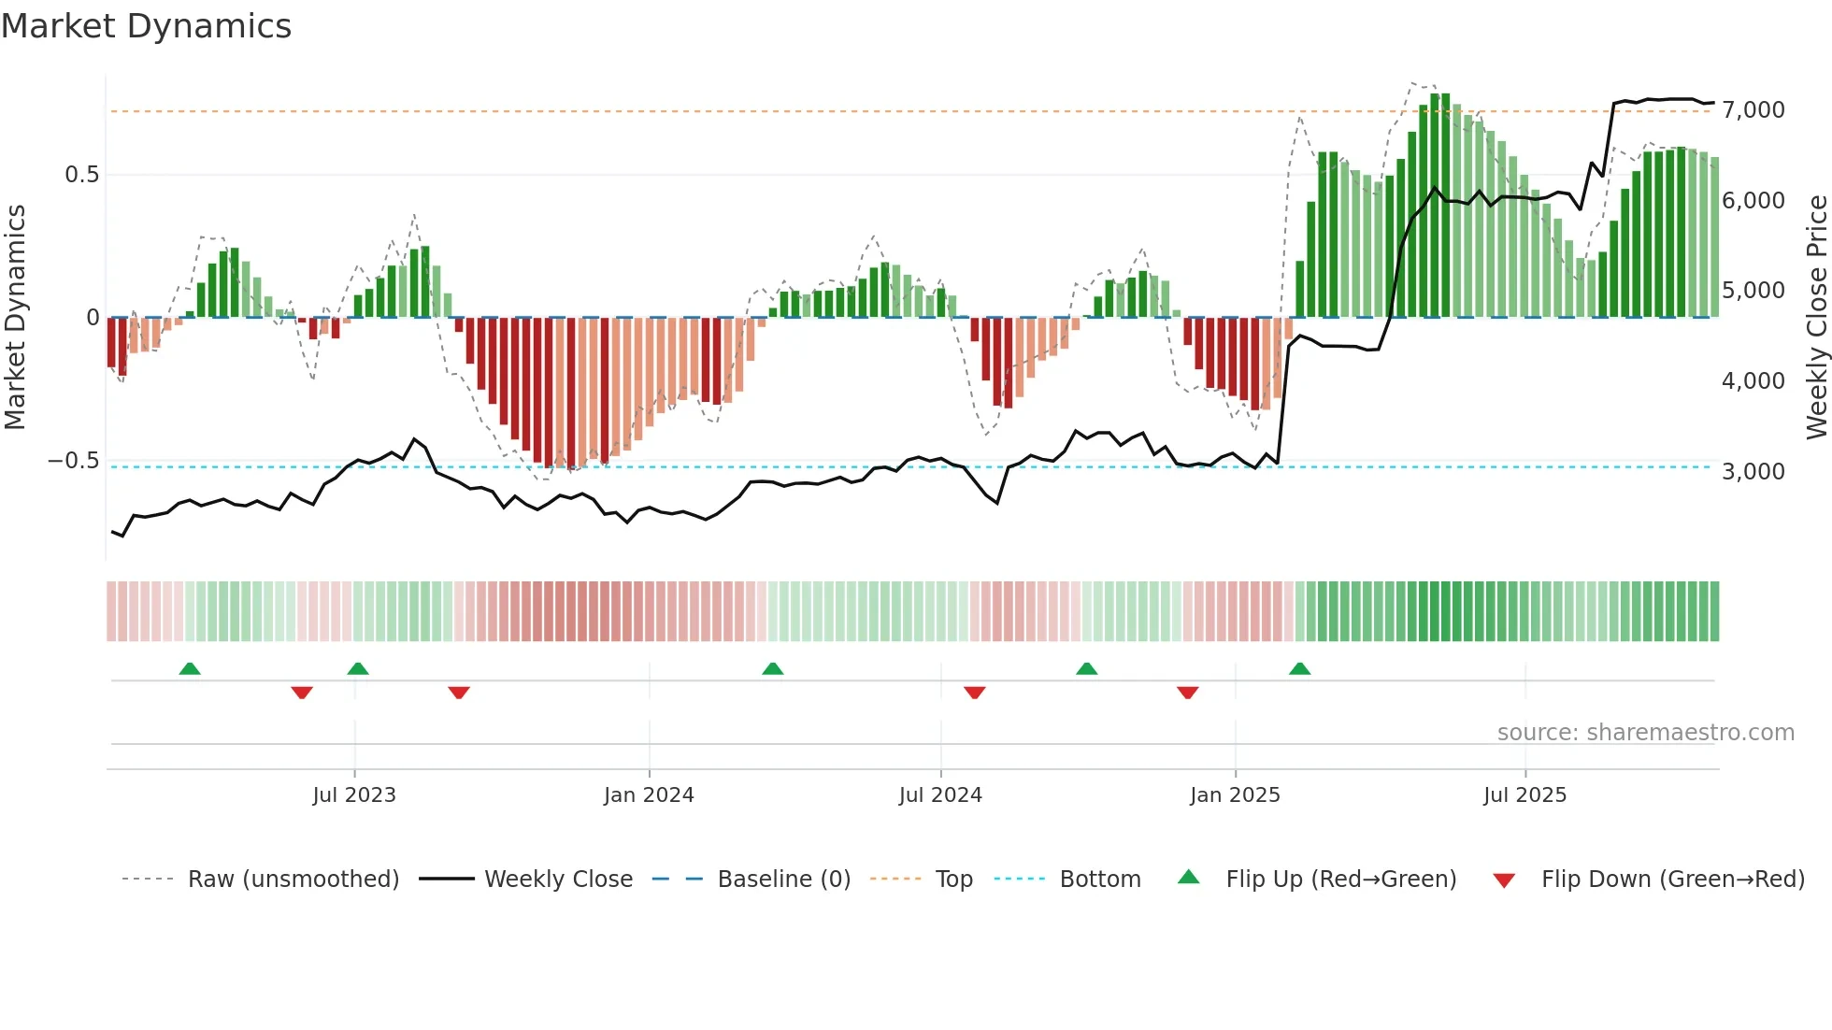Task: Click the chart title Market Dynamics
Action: pos(146,26)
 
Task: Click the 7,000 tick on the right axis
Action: pos(1753,110)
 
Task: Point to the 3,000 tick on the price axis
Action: pos(1753,472)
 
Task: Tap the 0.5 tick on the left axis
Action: pos(81,175)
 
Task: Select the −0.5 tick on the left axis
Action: pos(73,461)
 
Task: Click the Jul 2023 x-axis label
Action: pos(354,795)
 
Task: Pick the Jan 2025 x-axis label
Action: pos(1235,795)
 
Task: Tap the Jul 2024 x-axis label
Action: pos(940,795)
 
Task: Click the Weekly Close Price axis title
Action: pos(1816,317)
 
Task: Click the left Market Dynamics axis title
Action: pos(15,317)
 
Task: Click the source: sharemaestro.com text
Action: pos(1645,733)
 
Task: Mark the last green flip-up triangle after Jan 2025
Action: pos(1299,668)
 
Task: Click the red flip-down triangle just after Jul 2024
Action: pos(974,693)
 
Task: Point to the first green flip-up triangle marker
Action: pos(190,668)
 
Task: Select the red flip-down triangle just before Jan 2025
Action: pos(1187,693)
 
